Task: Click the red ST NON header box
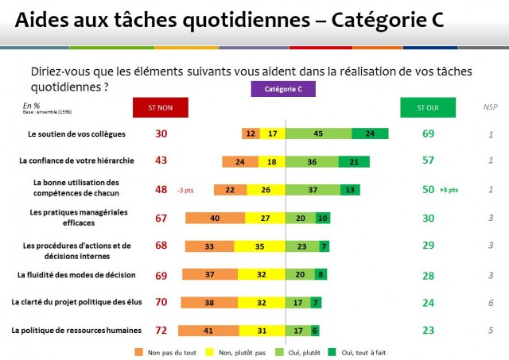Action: (161, 107)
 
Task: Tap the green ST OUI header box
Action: (428, 107)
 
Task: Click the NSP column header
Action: (491, 107)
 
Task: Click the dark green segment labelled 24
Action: (369, 134)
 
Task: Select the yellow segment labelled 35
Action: (259, 246)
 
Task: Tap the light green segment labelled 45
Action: (317, 134)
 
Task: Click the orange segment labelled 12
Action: (251, 134)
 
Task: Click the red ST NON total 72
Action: (161, 330)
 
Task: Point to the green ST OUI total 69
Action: (428, 134)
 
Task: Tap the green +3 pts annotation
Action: (450, 191)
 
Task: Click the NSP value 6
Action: (492, 302)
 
